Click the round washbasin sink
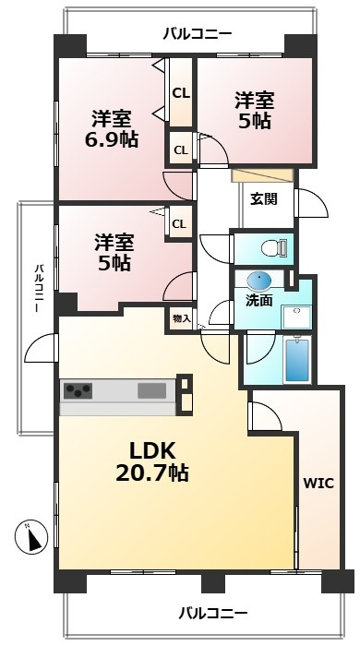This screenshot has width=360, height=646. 260,281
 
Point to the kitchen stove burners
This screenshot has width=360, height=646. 78,390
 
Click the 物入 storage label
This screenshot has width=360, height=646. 181,318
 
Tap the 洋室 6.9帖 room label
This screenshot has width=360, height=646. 111,129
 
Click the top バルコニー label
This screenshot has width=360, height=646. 197,34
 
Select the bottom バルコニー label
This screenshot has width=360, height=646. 211,613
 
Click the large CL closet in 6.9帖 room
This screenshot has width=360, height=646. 181,93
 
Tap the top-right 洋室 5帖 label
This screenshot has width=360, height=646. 252,110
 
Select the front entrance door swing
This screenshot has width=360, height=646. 312,203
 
